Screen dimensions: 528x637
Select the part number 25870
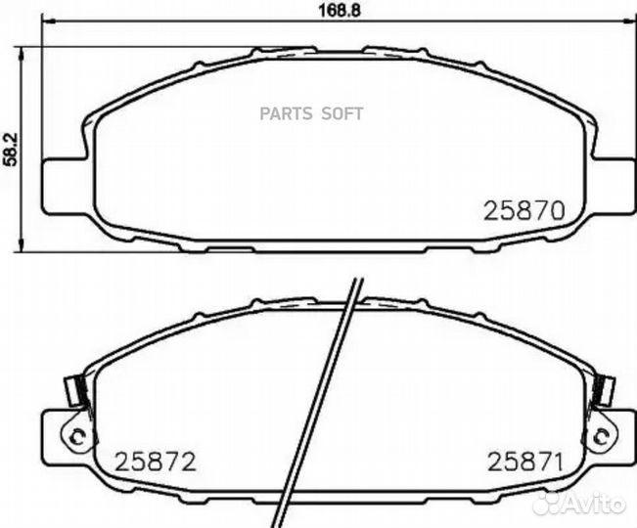[x=526, y=209]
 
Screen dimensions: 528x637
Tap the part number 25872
[x=156, y=461]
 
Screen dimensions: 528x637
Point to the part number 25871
[x=523, y=461]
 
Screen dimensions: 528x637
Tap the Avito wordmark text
[x=596, y=502]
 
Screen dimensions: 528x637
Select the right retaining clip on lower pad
[x=606, y=388]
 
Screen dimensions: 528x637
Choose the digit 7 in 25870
[x=541, y=209]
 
